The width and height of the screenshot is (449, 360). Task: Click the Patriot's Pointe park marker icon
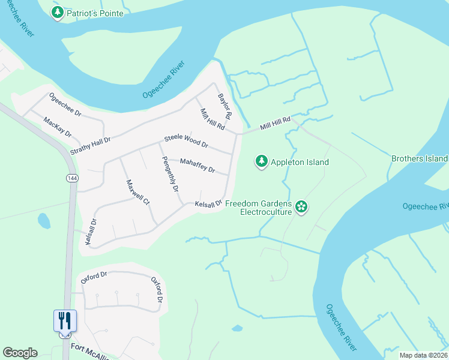coord(58,13)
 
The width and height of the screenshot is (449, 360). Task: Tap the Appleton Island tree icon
coord(261,161)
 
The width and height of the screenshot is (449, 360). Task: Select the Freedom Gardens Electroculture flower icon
coord(301,208)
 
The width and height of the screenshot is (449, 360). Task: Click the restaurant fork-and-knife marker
coord(65,321)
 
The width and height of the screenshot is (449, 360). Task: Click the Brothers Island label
coord(419,158)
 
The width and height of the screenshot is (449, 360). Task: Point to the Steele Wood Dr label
coord(186,142)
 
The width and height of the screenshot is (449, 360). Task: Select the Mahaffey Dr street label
coord(197,165)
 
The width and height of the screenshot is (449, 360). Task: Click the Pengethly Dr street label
coord(169,174)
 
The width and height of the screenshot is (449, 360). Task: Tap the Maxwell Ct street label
coord(137,192)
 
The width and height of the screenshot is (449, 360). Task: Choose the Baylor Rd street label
coord(224,105)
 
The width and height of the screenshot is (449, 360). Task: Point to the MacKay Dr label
coord(58,127)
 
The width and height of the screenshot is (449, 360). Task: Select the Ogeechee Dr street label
coord(65,104)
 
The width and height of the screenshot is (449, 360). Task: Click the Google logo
coord(20,353)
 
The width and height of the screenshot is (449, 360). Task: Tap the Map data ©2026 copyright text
coord(423,355)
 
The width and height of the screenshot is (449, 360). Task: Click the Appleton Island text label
coord(300,162)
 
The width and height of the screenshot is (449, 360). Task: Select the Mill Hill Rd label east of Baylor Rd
coord(275,124)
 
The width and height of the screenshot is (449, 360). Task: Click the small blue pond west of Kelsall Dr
coord(44,221)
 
